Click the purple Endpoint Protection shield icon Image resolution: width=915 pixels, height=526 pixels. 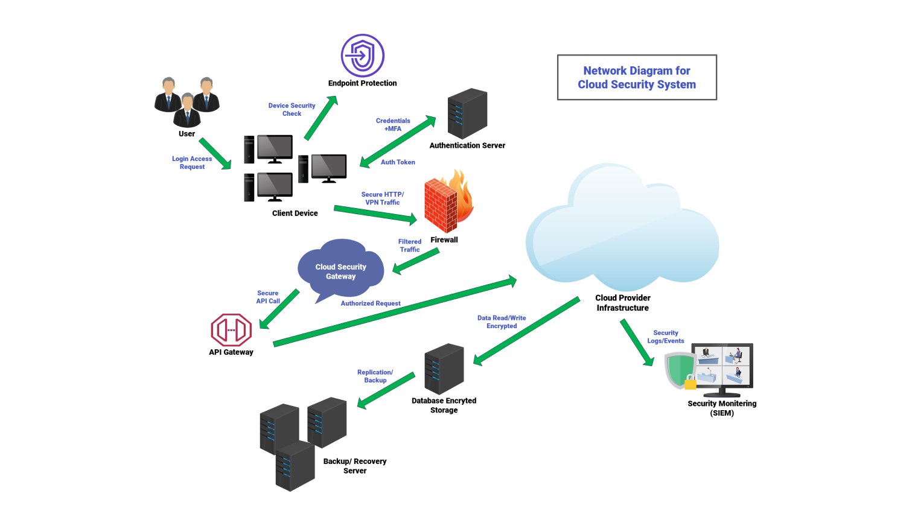click(x=362, y=55)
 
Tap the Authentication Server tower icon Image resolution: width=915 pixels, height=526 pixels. click(x=467, y=114)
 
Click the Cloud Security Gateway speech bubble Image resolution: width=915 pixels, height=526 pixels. click(x=340, y=270)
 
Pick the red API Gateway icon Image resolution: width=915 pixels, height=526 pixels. click(x=231, y=330)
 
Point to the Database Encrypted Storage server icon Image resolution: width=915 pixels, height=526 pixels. click(x=444, y=369)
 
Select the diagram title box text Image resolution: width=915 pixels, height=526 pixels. click(x=637, y=78)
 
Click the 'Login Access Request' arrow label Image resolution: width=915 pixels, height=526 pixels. click(x=192, y=163)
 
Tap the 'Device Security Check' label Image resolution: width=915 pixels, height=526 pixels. click(x=292, y=109)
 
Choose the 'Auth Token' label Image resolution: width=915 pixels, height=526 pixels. click(x=398, y=162)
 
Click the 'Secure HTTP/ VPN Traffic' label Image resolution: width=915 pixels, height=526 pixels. click(x=382, y=198)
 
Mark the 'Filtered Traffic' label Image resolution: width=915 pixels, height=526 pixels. click(x=410, y=246)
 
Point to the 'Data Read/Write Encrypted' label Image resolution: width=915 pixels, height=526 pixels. click(x=502, y=322)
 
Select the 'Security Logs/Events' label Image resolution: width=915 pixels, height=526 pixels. click(x=666, y=337)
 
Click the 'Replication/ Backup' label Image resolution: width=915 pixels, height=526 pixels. click(x=375, y=376)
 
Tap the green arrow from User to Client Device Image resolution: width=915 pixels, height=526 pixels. click(x=215, y=154)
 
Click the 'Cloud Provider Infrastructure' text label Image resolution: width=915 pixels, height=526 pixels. click(x=623, y=303)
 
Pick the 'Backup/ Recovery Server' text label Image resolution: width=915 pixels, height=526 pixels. click(x=355, y=466)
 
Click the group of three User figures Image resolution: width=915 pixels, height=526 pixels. click(x=187, y=101)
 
